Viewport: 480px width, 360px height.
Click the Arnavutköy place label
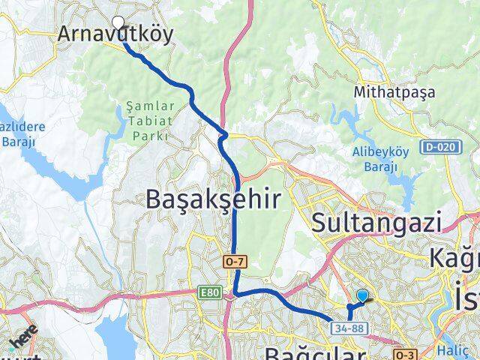pos(115,34)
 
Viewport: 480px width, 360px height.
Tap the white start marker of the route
pos(118,22)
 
